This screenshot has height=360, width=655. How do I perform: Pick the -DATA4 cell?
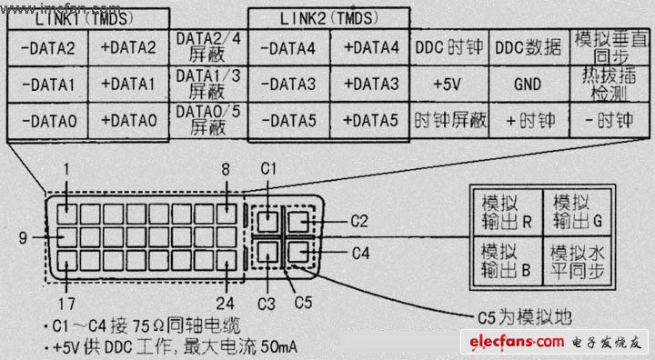click(x=289, y=47)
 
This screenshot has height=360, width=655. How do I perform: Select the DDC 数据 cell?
click(x=529, y=47)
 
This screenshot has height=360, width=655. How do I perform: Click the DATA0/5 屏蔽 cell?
click(x=207, y=119)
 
